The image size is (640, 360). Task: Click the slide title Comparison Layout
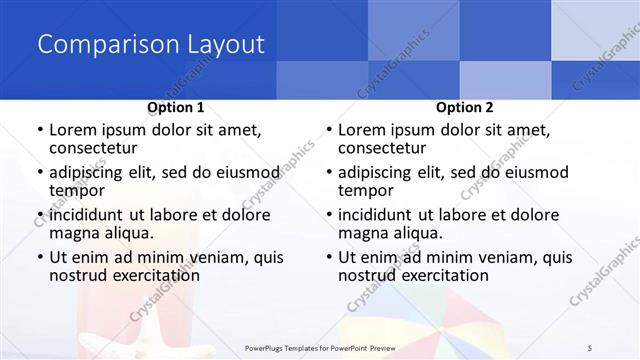pos(151,45)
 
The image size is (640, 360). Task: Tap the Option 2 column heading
pos(465,107)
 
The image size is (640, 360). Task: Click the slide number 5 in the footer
pos(590,347)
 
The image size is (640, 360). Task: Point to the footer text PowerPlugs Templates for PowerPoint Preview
pos(320,347)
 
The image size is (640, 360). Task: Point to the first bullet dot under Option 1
pos(39,130)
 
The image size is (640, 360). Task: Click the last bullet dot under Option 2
pos(328,257)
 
